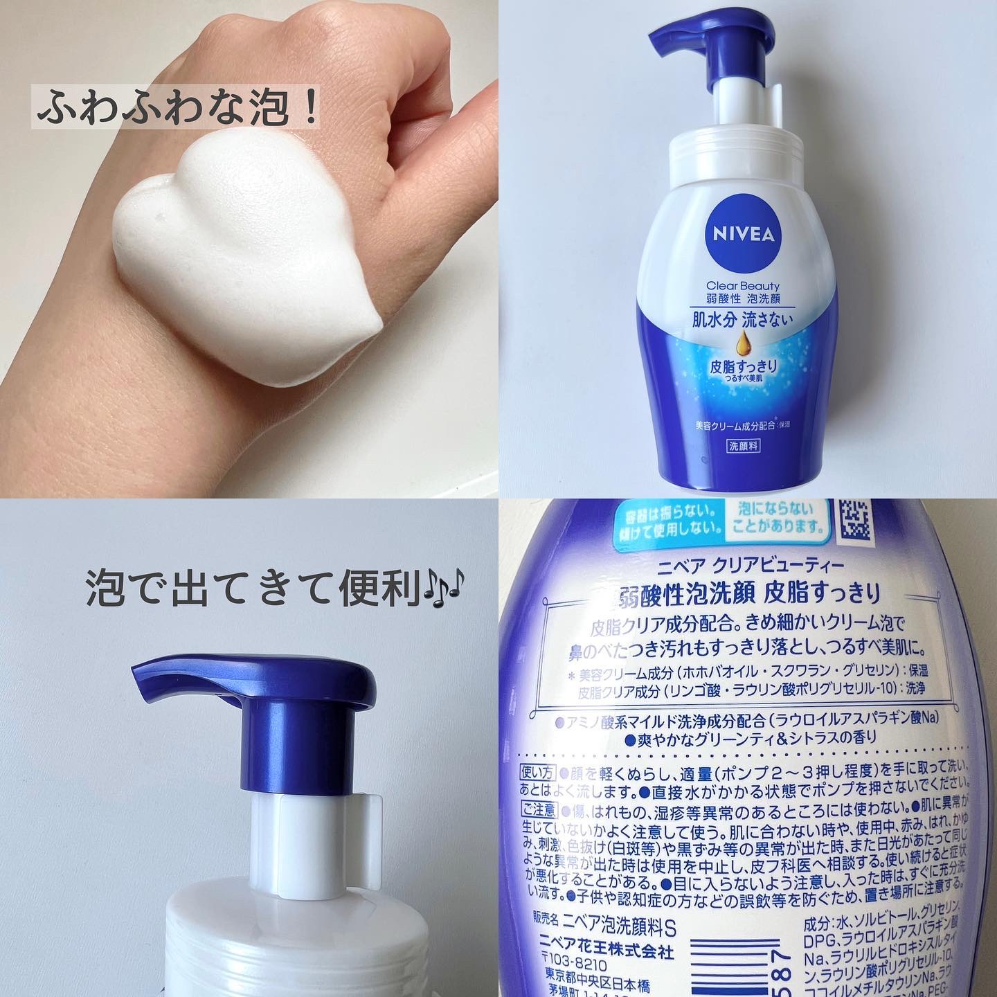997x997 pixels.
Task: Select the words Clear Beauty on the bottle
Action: tap(743, 285)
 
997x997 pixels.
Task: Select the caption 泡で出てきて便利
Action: tap(253, 590)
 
